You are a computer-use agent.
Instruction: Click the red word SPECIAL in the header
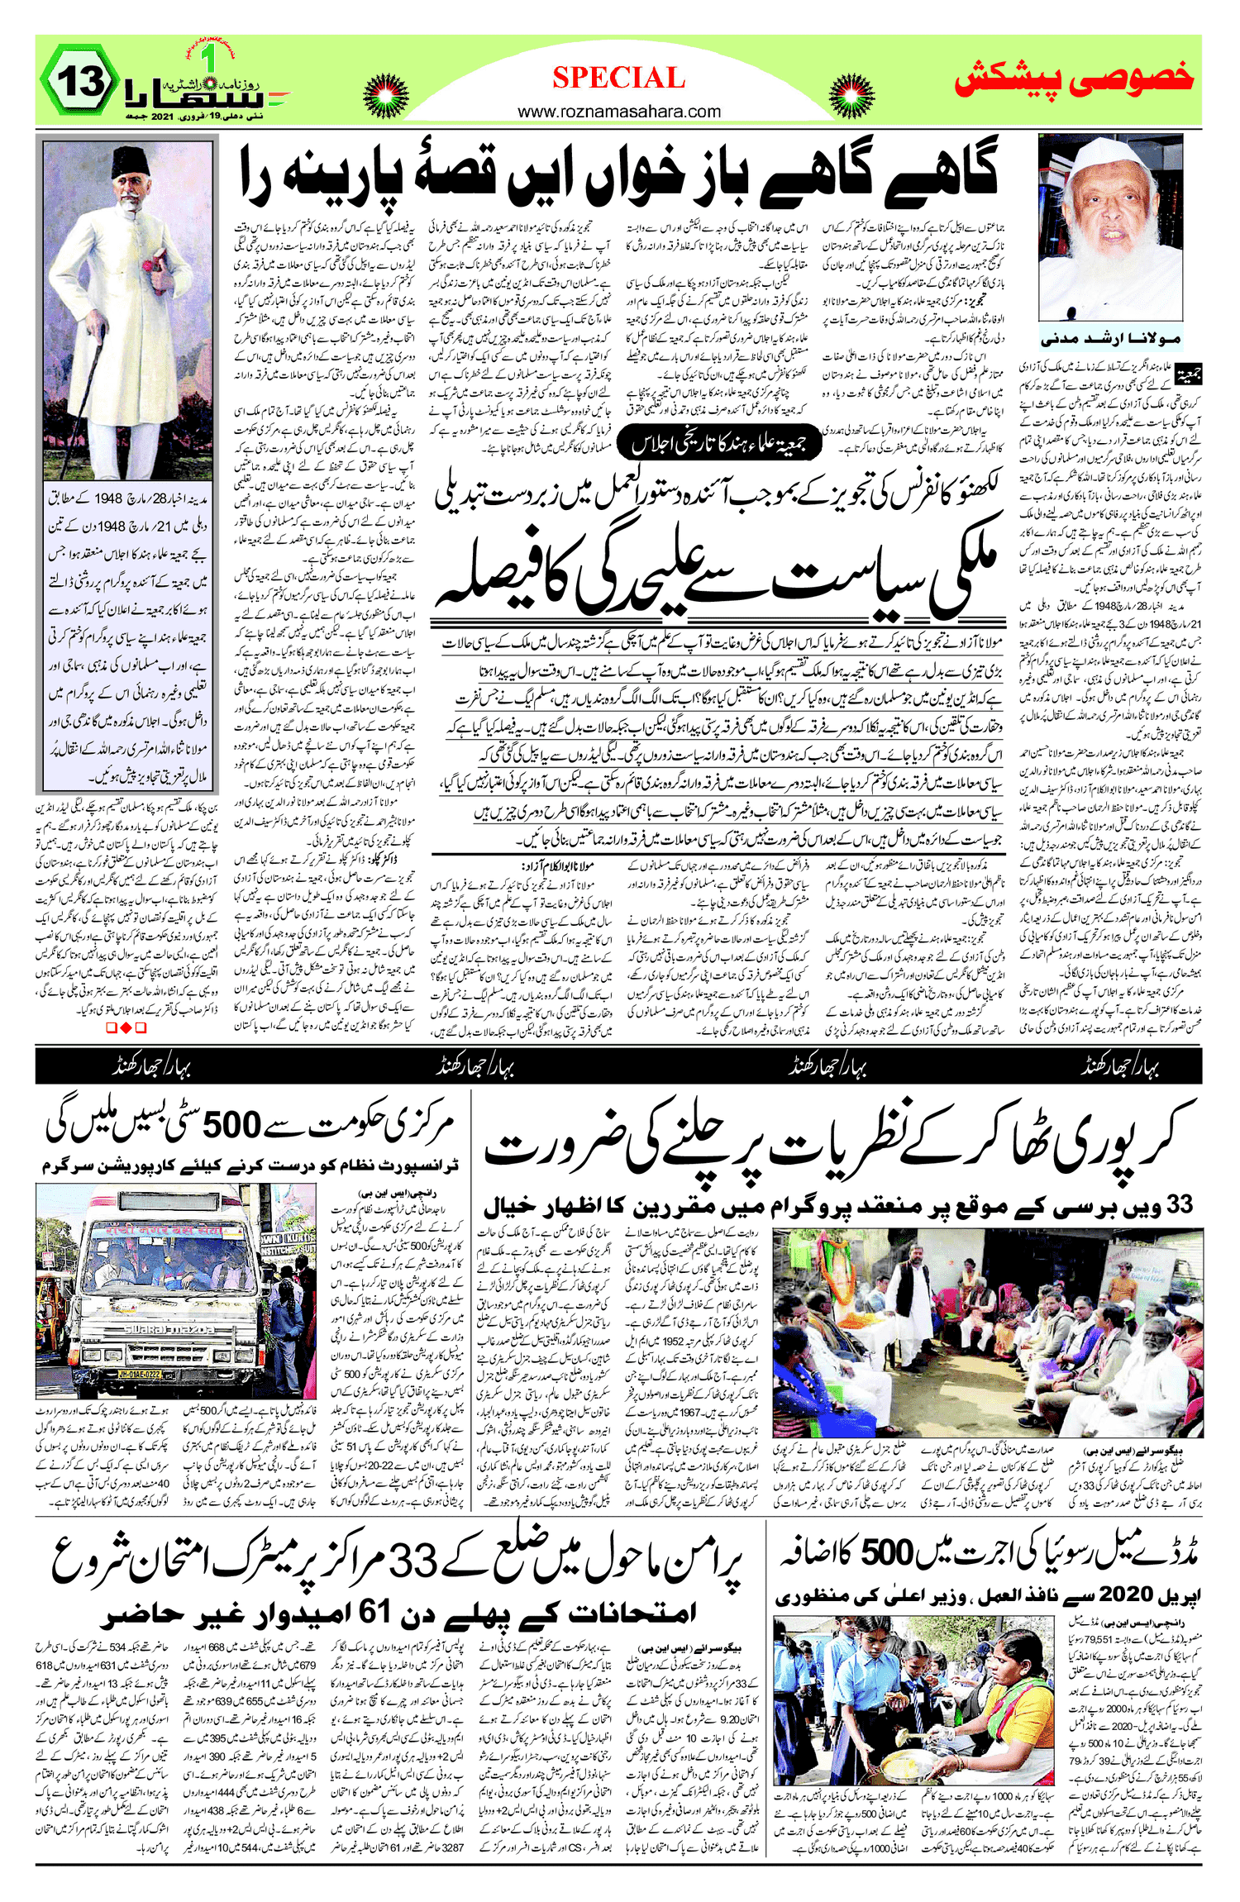click(x=618, y=79)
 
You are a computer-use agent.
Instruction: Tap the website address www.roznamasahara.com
click(x=619, y=112)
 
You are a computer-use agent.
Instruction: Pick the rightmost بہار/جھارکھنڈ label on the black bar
click(x=1120, y=1067)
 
